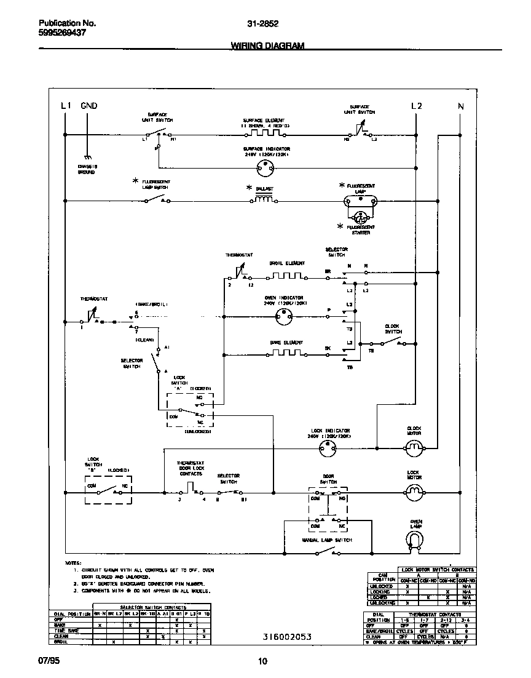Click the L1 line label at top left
point(67,106)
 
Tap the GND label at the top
point(89,106)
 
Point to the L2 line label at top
point(417,106)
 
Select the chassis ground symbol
point(88,158)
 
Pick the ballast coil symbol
point(264,199)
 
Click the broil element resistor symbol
point(286,275)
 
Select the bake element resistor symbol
point(286,353)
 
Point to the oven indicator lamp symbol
point(284,317)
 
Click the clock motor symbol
point(414,447)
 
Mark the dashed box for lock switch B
point(108,490)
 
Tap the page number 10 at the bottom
point(262,662)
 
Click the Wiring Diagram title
point(267,46)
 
